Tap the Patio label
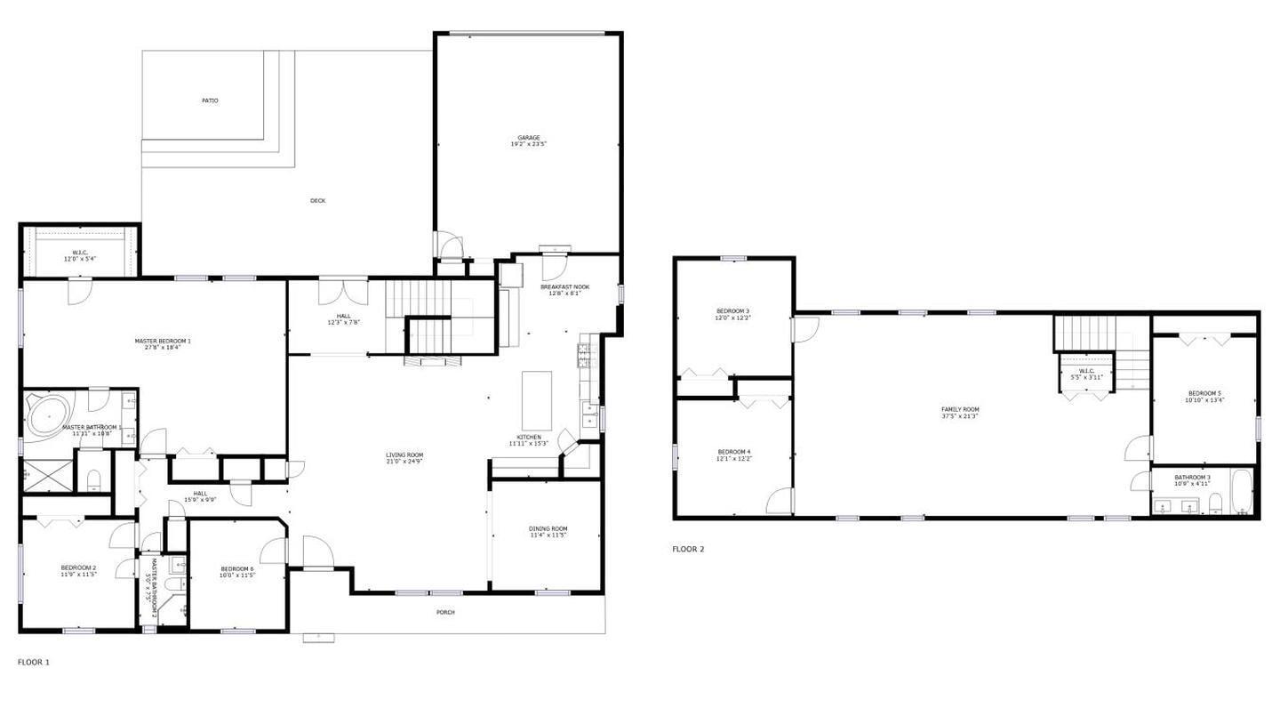pyautogui.click(x=210, y=101)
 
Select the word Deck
pyautogui.click(x=317, y=201)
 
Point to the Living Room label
pyautogui.click(x=404, y=457)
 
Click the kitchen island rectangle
pyautogui.click(x=536, y=400)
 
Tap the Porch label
pyautogui.click(x=445, y=612)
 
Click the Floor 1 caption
pyautogui.click(x=34, y=662)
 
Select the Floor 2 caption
pyautogui.click(x=688, y=549)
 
